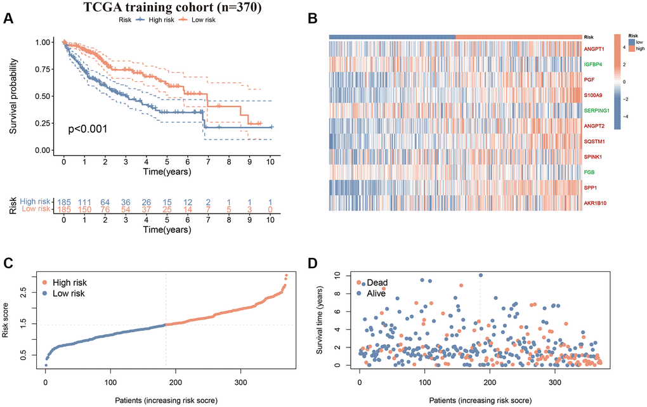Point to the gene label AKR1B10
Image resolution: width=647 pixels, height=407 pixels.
598,203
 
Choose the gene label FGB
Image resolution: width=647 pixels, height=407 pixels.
590,172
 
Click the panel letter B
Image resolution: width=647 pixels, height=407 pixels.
311,19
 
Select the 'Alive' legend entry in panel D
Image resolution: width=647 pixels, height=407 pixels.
377,294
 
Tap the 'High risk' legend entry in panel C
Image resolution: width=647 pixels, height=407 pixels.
67,283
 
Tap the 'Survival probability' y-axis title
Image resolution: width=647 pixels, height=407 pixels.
14,96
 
